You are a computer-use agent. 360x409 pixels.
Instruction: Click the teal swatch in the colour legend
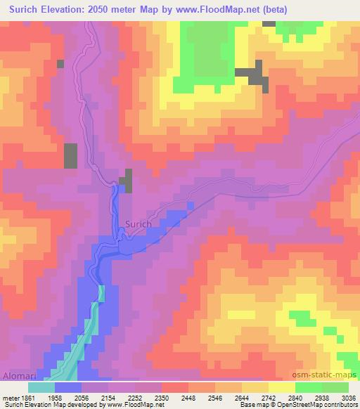pyautogui.click(x=41, y=387)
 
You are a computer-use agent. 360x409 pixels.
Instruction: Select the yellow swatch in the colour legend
pyautogui.click(x=281, y=387)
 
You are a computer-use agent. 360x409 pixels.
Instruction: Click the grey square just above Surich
pyautogui.click(x=127, y=181)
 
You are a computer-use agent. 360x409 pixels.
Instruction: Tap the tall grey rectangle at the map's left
pyautogui.click(x=71, y=155)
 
